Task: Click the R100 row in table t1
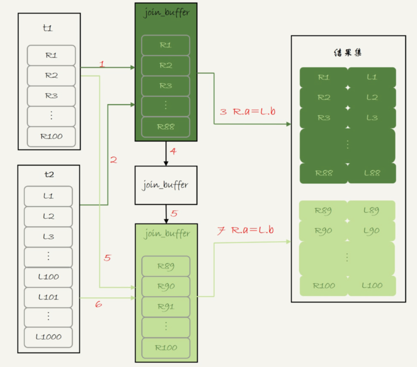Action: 51,136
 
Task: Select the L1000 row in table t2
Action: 49,337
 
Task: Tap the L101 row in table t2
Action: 49,297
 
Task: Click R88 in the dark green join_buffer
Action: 166,127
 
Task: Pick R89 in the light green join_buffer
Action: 166,266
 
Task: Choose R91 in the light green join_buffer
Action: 166,306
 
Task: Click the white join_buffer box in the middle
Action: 166,185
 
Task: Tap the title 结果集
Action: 348,53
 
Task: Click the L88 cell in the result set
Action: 372,173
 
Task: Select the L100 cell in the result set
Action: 372,285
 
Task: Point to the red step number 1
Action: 102,64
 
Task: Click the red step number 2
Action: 114,160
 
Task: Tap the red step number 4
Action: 173,151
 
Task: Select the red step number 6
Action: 98,304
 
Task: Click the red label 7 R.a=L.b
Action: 246,231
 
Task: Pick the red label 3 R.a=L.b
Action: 247,112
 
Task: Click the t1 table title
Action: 47,28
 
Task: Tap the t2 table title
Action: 49,174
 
